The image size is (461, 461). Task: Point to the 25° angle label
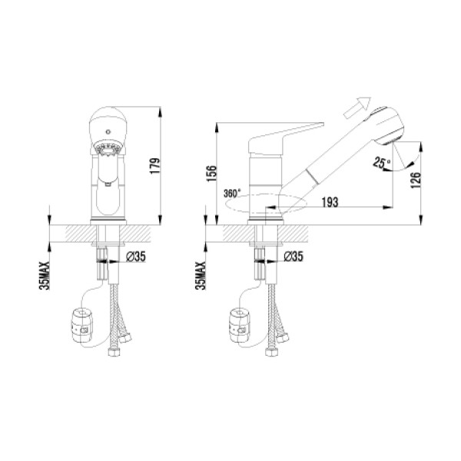tap(381, 162)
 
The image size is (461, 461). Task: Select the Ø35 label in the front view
tap(135, 256)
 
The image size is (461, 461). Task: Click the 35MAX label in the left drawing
tap(46, 274)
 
